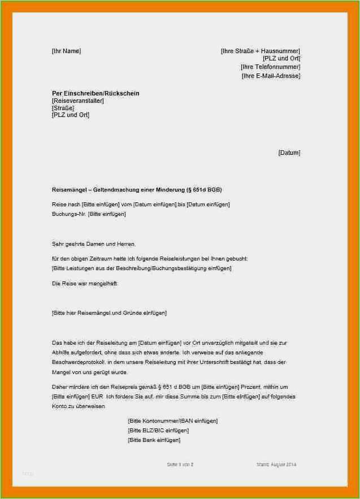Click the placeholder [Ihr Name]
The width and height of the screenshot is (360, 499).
point(66,51)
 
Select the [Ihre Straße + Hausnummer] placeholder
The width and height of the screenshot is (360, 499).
point(260,51)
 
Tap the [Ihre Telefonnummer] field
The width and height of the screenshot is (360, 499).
point(270,67)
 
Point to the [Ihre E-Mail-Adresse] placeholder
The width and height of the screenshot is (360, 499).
point(271,76)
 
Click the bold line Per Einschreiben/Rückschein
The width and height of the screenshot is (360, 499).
point(96,93)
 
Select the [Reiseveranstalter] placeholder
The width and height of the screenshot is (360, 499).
point(77,101)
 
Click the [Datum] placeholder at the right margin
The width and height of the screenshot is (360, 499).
point(289,153)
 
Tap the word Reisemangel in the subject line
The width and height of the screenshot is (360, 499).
point(67,189)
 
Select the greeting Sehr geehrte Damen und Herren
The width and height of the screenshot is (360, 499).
point(94,244)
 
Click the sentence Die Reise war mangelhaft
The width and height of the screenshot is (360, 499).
point(85,284)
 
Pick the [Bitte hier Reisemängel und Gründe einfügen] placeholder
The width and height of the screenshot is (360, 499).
point(109,313)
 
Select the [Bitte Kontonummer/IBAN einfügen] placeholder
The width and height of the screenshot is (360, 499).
point(172,421)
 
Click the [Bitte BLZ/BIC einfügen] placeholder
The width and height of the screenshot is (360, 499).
point(158,431)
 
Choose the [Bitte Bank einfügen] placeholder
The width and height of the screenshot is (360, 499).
point(154,440)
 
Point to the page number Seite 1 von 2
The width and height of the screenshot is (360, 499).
point(180,465)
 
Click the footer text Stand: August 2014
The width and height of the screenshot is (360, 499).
point(276,465)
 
